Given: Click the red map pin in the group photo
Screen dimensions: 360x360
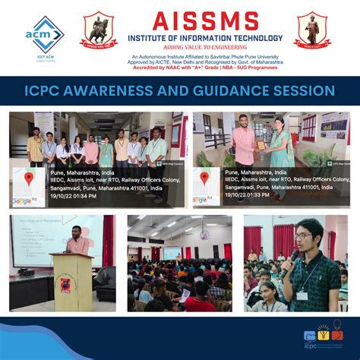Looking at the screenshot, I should coord(29,179).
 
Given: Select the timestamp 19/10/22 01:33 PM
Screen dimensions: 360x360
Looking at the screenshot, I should coord(248,196).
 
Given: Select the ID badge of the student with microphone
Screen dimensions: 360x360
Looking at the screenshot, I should coord(302,292).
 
